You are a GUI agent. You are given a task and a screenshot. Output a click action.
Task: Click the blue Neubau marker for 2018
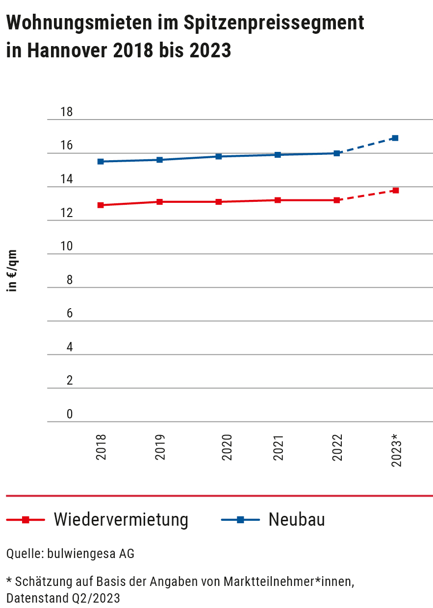tap(101, 161)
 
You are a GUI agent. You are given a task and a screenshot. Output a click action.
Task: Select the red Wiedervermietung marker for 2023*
tap(395, 190)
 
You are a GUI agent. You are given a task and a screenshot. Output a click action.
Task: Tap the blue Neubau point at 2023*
tap(395, 138)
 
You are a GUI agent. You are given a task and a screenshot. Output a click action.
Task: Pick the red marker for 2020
tap(219, 202)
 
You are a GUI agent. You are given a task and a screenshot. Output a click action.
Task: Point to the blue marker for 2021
tap(278, 155)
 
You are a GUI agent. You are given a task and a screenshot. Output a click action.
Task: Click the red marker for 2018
tap(101, 205)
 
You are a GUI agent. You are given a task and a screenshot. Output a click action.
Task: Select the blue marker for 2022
tap(336, 153)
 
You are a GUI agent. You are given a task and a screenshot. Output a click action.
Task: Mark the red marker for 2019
tap(160, 202)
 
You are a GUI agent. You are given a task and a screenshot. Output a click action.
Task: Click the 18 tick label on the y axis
tap(66, 112)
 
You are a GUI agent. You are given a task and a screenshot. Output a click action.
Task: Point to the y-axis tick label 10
tap(66, 246)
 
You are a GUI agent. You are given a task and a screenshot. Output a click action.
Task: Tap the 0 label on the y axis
tap(69, 414)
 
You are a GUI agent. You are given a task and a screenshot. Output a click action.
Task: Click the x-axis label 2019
tap(160, 447)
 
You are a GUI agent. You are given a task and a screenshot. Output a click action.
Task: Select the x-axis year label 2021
tap(279, 447)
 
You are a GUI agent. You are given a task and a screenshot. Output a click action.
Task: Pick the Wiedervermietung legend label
tap(121, 519)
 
